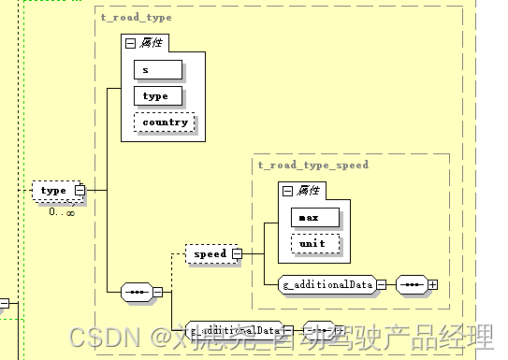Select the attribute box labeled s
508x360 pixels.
[157, 70]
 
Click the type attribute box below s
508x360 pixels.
[157, 96]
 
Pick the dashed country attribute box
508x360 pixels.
[166, 122]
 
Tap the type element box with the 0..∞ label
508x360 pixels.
[54, 190]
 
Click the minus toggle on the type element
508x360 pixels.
[80, 191]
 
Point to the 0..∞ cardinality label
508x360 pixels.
[62, 211]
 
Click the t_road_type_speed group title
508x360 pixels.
[313, 165]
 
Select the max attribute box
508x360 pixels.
[313, 218]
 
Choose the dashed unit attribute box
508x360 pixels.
[313, 243]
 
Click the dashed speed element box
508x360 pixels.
[210, 253]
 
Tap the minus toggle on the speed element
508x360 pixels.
[238, 253]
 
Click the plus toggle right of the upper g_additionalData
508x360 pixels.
[432, 283]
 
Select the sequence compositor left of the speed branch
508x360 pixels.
[137, 292]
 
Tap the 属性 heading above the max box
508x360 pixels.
[308, 190]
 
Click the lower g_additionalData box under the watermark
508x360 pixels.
[233, 330]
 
